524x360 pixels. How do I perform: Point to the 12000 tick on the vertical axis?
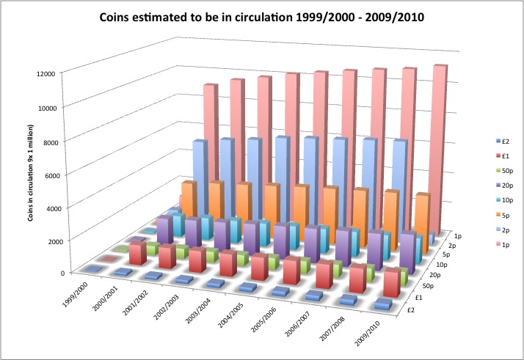(49, 73)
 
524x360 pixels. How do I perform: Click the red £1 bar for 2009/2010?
(392, 282)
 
